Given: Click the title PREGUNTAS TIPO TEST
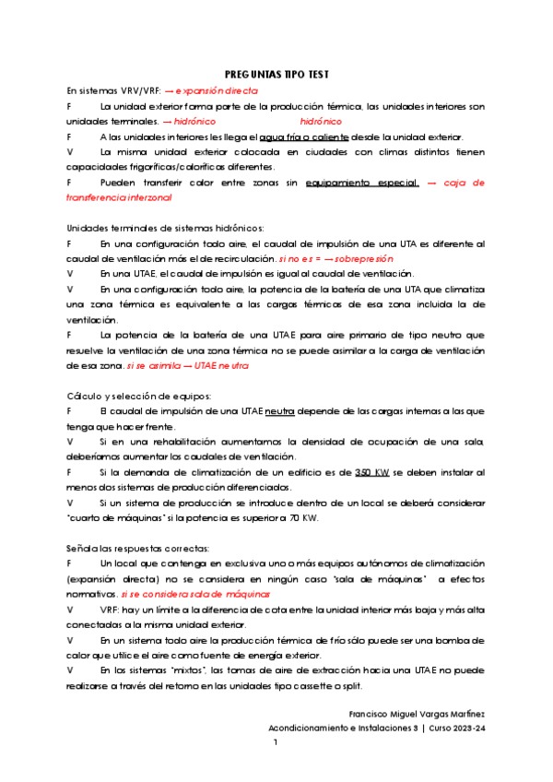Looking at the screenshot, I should pyautogui.click(x=277, y=75).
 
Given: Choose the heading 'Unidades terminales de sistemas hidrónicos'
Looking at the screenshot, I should pyautogui.click(x=152, y=228).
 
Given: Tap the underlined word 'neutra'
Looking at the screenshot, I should pyautogui.click(x=270, y=410).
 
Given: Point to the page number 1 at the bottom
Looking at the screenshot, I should pyautogui.click(x=276, y=742).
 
